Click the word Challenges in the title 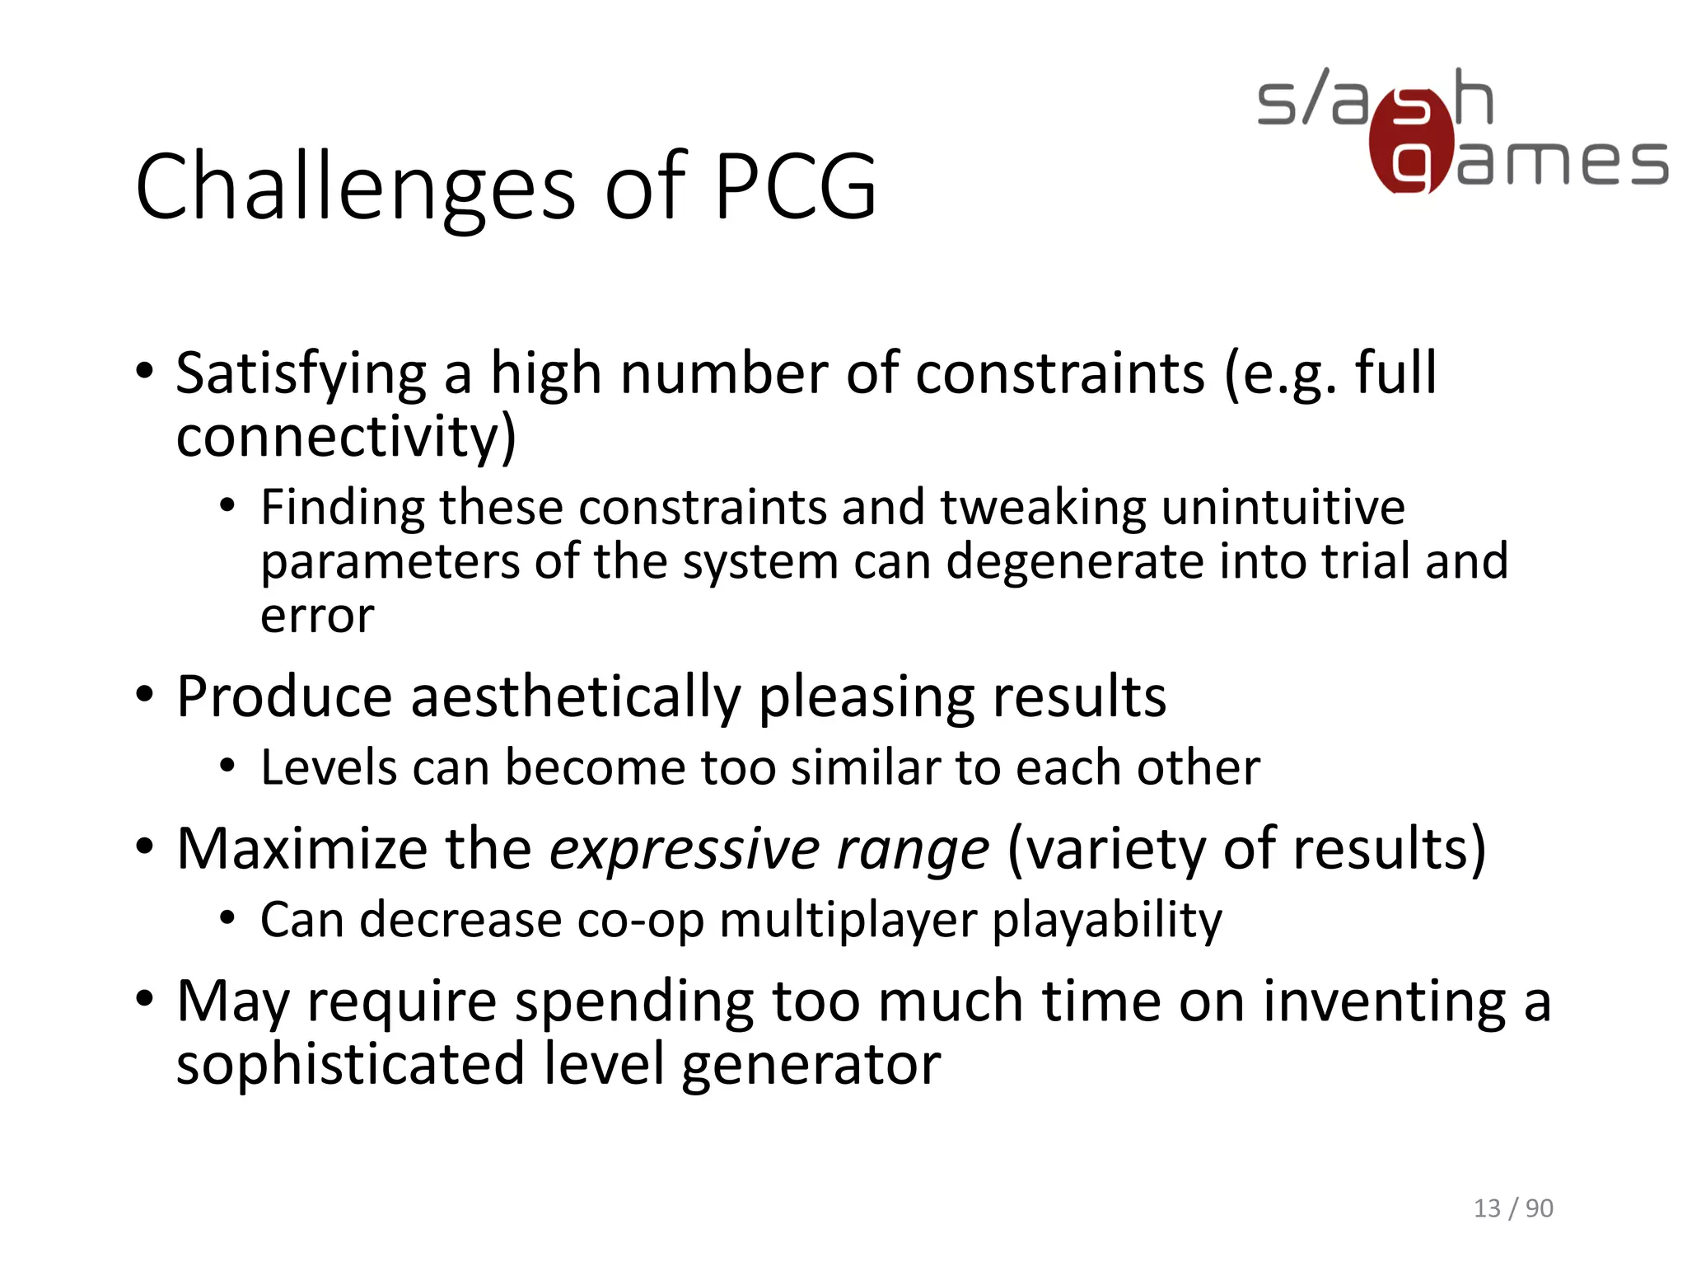(x=355, y=188)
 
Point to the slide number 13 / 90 (x=1512, y=1207)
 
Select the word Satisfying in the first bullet (x=301, y=375)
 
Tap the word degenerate (x=1074, y=562)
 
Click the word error (x=317, y=616)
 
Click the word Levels (x=329, y=768)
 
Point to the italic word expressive (x=685, y=849)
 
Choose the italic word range (x=913, y=851)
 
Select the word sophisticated (x=351, y=1064)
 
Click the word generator (x=811, y=1066)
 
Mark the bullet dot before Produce (x=145, y=696)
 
